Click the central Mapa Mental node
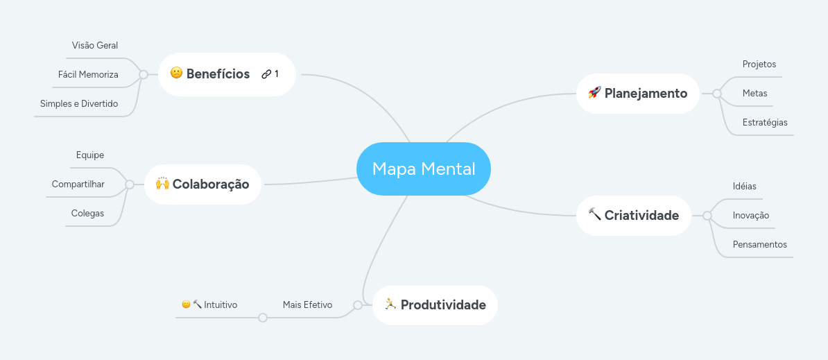(424, 169)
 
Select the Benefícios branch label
(218, 74)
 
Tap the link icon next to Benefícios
(266, 74)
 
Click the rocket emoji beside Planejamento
(594, 92)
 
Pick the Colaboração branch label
(211, 184)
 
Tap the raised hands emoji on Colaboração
(162, 183)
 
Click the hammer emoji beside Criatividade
(594, 214)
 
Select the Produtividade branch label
(443, 305)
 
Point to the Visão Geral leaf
(95, 46)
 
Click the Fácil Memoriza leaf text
(88, 74)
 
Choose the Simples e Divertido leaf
(79, 103)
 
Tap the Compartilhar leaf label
(78, 184)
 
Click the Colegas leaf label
(87, 213)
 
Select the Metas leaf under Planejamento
(754, 93)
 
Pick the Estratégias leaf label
(765, 122)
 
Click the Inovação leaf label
(751, 215)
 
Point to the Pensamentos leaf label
(760, 244)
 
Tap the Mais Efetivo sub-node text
(307, 305)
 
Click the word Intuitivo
(221, 305)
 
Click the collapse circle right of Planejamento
(716, 93)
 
